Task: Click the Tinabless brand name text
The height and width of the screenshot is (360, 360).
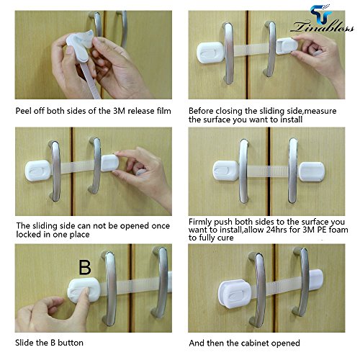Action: [x=322, y=27]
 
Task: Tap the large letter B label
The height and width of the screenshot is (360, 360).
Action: [x=85, y=267]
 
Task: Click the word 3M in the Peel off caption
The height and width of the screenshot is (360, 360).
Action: [x=120, y=111]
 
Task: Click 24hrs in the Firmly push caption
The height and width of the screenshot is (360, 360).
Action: [x=276, y=230]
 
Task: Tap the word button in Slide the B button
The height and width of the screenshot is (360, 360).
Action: [x=71, y=343]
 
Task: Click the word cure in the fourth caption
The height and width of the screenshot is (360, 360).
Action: [x=225, y=238]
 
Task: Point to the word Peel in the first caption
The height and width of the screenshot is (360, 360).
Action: [x=24, y=111]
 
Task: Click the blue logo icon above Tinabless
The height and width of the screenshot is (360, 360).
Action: [x=321, y=14]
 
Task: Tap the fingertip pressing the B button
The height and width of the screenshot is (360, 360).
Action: [x=84, y=292]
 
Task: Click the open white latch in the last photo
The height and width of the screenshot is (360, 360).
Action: [x=235, y=293]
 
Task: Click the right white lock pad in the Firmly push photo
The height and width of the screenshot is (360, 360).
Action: [x=312, y=171]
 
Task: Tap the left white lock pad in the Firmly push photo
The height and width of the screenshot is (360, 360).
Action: [x=225, y=171]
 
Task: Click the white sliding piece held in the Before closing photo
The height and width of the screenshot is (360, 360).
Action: [x=287, y=45]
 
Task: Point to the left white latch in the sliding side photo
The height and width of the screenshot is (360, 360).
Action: [x=38, y=171]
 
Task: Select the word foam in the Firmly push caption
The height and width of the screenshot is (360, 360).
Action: [x=338, y=230]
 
